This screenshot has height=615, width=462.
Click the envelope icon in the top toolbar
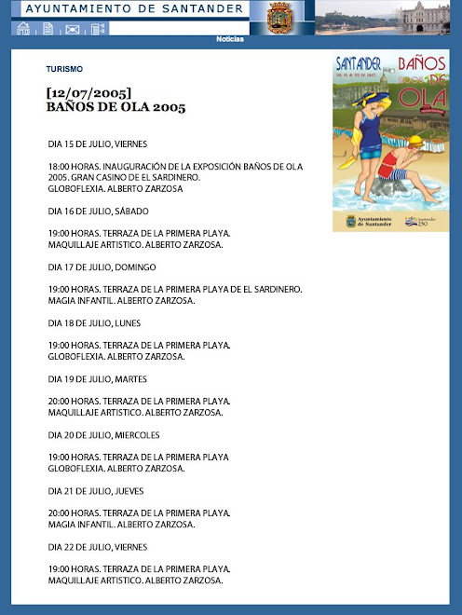pyautogui.click(x=73, y=29)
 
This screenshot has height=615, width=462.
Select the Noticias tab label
pyautogui.click(x=230, y=39)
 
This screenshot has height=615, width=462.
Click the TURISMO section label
pyautogui.click(x=64, y=69)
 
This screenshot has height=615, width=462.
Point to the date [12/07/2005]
pyautogui.click(x=88, y=93)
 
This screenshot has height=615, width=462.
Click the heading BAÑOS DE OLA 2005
pyautogui.click(x=115, y=107)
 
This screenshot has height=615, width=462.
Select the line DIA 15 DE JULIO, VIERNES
pyautogui.click(x=98, y=144)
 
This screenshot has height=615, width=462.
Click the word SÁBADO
pyautogui.click(x=131, y=212)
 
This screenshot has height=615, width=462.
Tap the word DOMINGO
pyautogui.click(x=135, y=267)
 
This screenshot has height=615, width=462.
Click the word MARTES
pyautogui.click(x=131, y=379)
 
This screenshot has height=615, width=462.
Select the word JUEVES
pyautogui.click(x=129, y=491)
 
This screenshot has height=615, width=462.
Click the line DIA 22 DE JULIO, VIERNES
pyautogui.click(x=98, y=547)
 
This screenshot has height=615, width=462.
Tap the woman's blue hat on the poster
pyautogui.click(x=369, y=100)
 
